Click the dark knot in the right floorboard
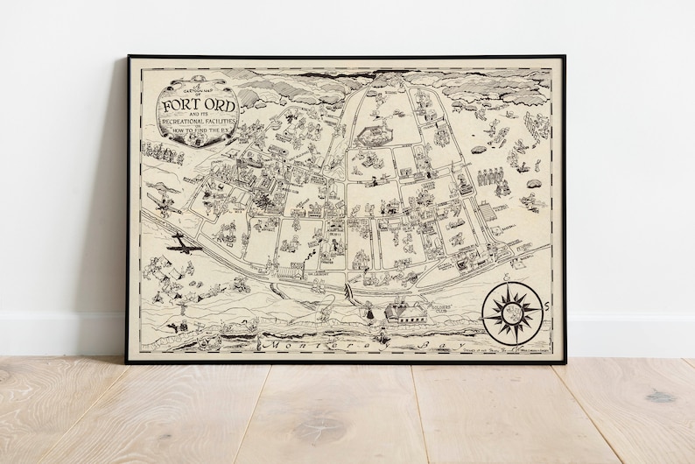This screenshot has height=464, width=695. [x=661, y=397]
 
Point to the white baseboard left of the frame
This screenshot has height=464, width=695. [x=61, y=333]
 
